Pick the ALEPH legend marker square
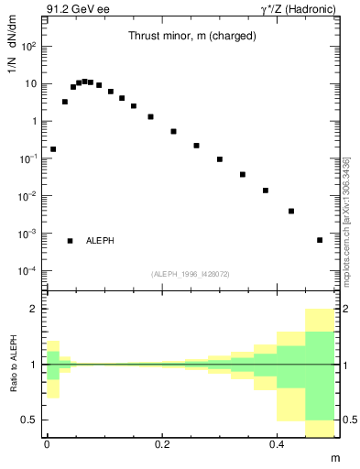(x=70, y=241)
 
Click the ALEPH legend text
(x=100, y=241)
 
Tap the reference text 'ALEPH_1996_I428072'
(x=190, y=274)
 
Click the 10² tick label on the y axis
(x=29, y=46)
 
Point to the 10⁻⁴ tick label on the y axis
(x=27, y=271)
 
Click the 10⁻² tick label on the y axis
(x=27, y=196)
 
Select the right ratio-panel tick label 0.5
(x=348, y=420)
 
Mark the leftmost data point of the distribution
(x=53, y=148)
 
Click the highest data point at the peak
(x=84, y=82)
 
